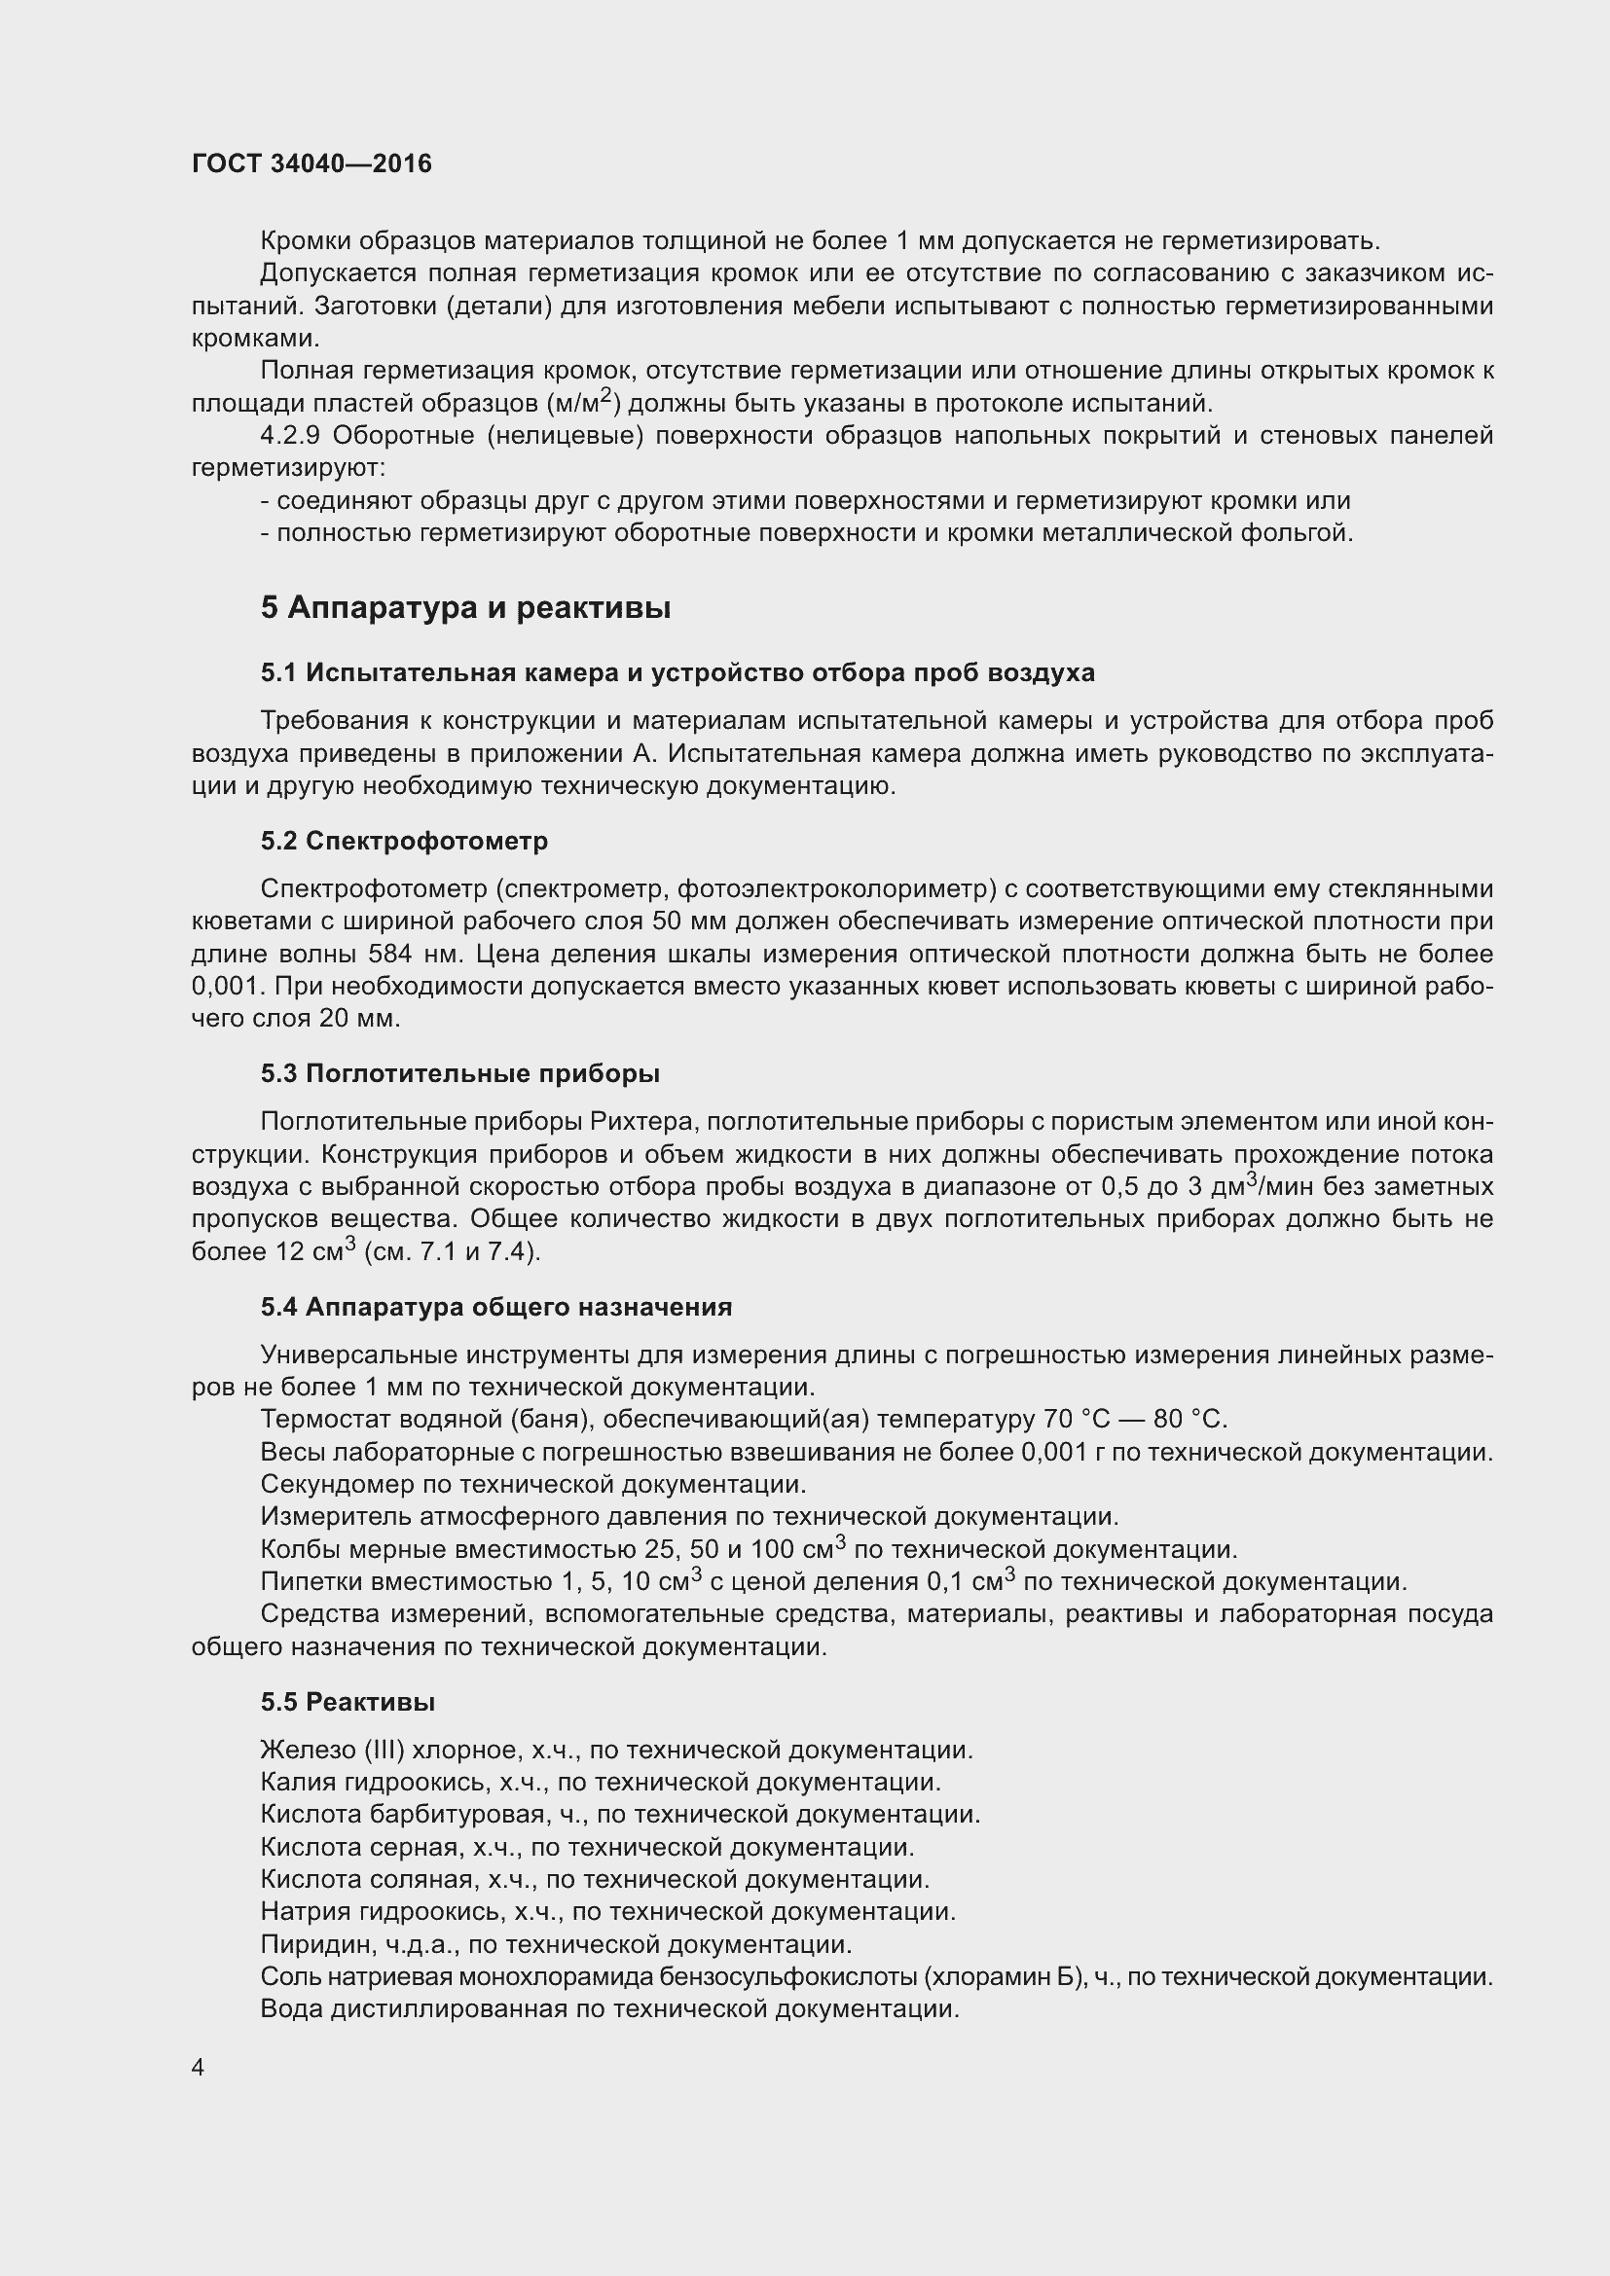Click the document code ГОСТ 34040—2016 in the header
[x=311, y=163]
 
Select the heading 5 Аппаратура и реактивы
[x=466, y=607]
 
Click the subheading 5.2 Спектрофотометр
[x=405, y=841]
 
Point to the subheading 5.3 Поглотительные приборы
[x=460, y=1073]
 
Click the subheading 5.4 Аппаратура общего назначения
[x=495, y=1307]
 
